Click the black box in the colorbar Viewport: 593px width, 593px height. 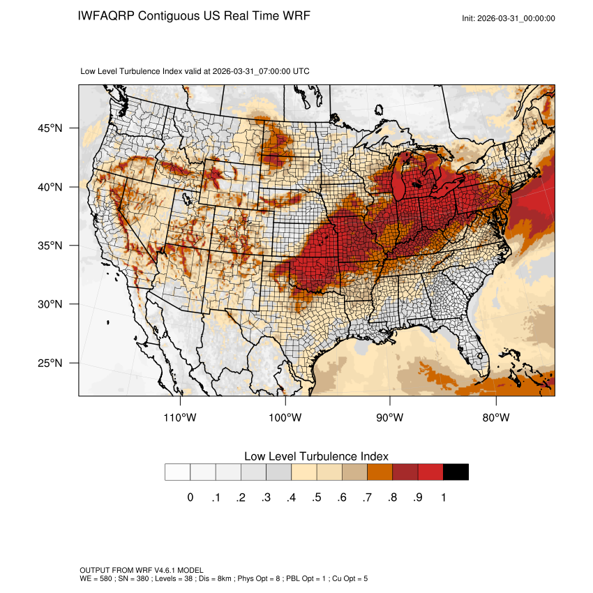(456, 472)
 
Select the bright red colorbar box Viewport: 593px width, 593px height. (430, 472)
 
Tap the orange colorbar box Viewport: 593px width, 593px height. (380, 472)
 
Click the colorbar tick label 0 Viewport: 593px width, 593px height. (190, 497)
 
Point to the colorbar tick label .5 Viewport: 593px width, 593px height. (316, 497)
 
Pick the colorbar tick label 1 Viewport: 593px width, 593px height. (443, 497)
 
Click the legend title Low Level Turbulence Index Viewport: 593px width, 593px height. (316, 456)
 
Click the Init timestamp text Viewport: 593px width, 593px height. (509, 18)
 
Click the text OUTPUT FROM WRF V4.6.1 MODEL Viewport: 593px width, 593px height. (142, 570)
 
